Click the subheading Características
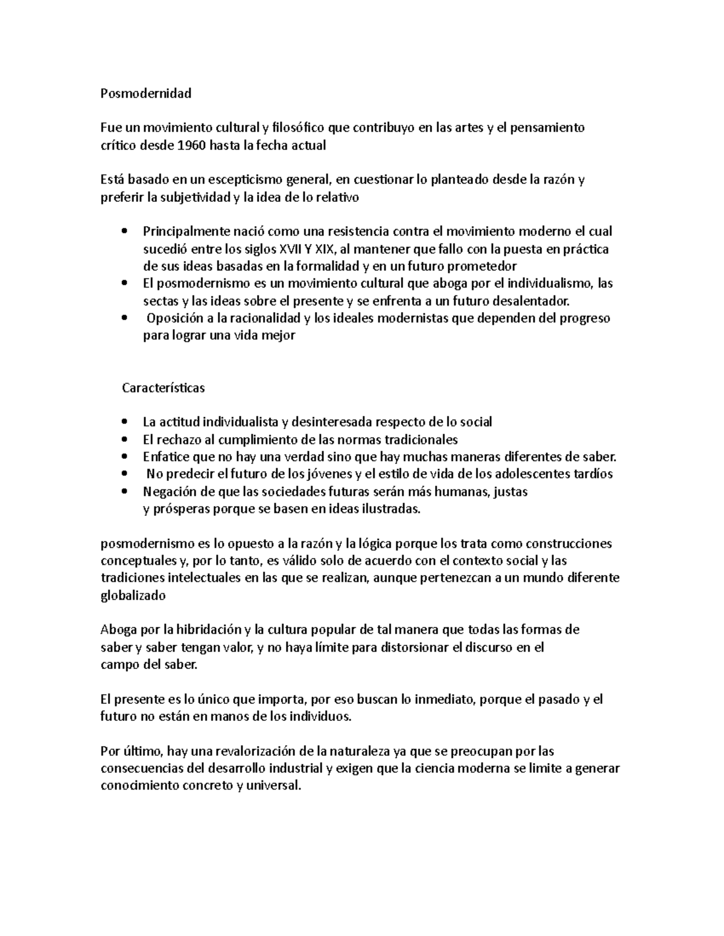click(x=163, y=388)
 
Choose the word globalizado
click(x=132, y=596)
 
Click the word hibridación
click(x=208, y=630)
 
